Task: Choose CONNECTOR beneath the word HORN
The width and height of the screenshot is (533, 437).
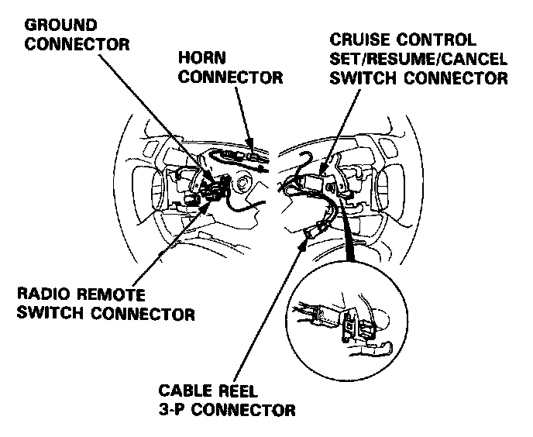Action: (x=230, y=78)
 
